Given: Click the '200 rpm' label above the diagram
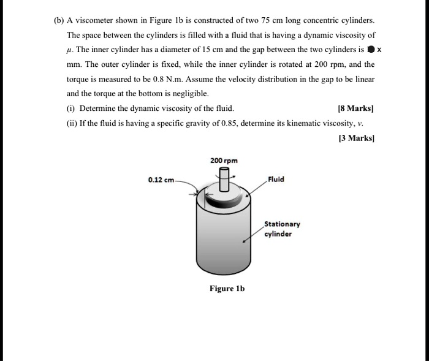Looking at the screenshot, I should (x=224, y=160).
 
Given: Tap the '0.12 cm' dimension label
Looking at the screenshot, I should (x=161, y=180).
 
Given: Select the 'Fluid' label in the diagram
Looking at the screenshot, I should (x=276, y=180).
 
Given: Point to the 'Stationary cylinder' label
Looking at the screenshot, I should (x=282, y=229).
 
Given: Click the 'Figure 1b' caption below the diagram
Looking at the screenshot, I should (x=227, y=288).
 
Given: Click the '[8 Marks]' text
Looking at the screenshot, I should (x=355, y=108).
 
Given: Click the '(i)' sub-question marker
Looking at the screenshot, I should (x=71, y=108).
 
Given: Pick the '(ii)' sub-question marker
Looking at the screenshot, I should (x=72, y=123).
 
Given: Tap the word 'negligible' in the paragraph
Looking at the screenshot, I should (x=190, y=94).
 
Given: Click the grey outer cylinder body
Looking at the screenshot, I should (x=224, y=239).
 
